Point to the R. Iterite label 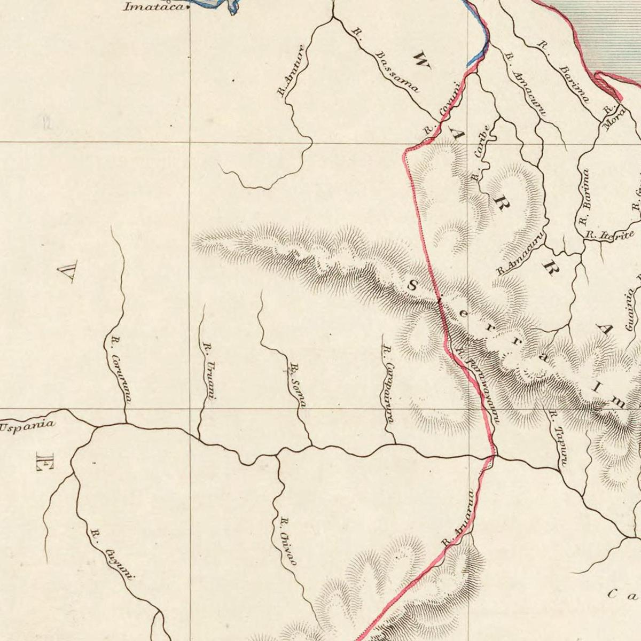coord(609,234)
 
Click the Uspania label coord(27,426)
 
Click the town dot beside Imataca coord(187,9)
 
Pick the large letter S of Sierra coord(412,286)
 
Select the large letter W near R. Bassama coord(421,60)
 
